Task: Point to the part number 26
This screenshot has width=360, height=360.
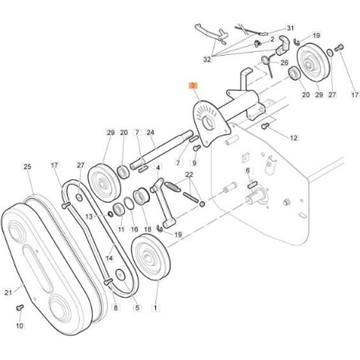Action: click(284, 62)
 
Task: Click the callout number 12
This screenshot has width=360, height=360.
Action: click(293, 139)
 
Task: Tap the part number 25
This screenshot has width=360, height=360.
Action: click(27, 167)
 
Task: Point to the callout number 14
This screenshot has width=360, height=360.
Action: click(109, 259)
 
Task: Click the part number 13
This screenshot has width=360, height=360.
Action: click(90, 216)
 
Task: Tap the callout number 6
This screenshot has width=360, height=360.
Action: click(248, 170)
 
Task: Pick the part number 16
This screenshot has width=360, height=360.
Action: click(135, 229)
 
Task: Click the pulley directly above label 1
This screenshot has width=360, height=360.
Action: click(148, 260)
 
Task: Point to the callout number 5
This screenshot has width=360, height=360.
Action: click(136, 307)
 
